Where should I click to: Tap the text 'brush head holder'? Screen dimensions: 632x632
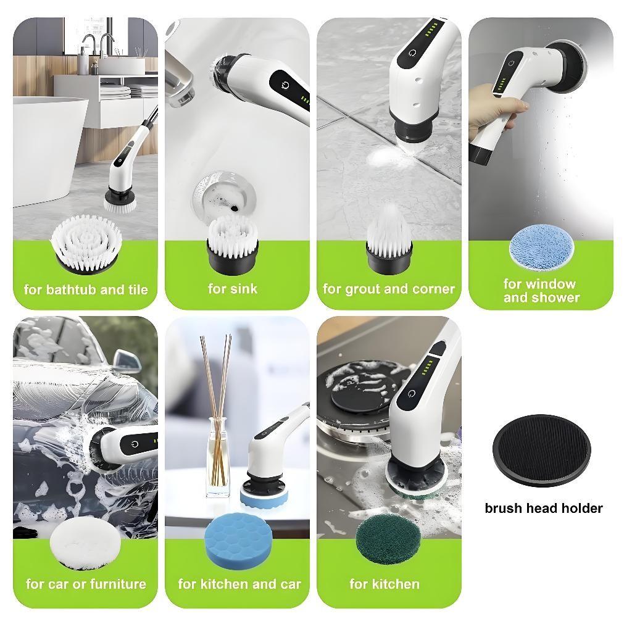543,509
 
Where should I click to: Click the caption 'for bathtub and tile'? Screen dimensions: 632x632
86,289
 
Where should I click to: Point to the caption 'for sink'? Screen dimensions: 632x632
233,288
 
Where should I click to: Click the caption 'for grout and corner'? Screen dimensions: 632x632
389,289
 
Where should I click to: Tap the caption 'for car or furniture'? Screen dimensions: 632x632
86,584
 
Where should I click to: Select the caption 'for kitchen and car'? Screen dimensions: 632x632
239,584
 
